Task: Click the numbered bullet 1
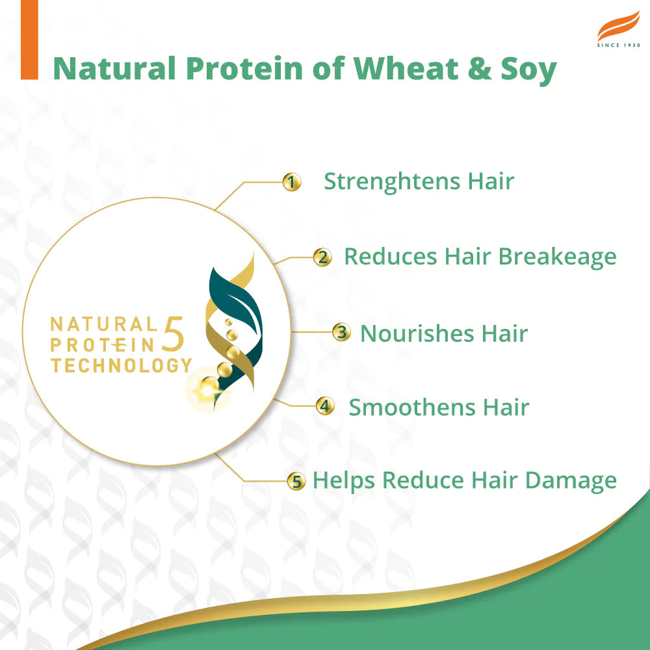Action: point(292,183)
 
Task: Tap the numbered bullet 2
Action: point(322,257)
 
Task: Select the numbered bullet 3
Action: point(341,333)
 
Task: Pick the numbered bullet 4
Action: point(325,407)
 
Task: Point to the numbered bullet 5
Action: point(296,482)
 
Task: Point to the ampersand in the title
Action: point(478,68)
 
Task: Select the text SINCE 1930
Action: point(618,45)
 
